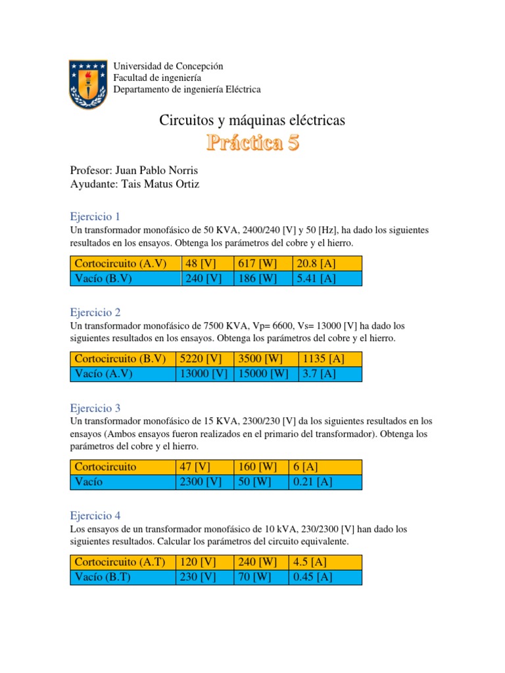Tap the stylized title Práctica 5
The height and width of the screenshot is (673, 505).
coord(253,143)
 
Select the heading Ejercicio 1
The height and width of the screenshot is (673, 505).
coord(95,216)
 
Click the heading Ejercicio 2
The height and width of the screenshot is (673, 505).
coord(95,312)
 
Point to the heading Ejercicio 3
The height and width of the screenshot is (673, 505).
coord(95,407)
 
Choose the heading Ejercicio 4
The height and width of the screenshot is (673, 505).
coord(95,516)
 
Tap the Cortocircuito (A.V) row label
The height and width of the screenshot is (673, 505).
coord(120,264)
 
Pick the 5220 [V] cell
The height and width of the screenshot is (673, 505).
coord(199,359)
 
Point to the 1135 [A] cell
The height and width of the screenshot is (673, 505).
coord(323,359)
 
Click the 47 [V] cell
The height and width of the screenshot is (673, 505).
coord(194,467)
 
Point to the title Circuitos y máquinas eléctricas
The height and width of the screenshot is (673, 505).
coord(252,120)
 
